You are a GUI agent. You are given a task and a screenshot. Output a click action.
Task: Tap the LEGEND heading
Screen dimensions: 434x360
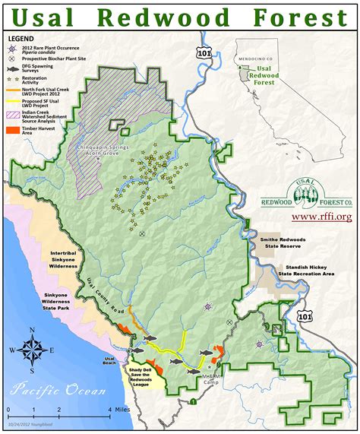(22, 36)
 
